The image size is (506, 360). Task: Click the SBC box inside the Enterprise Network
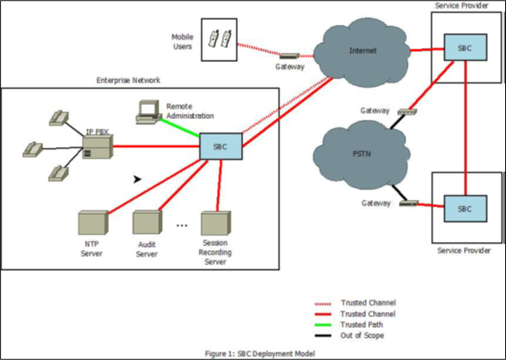coord(220,147)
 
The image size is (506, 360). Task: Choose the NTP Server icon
coord(92,222)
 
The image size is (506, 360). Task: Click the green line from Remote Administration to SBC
coord(182,130)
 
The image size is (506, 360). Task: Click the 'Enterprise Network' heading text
coord(128,80)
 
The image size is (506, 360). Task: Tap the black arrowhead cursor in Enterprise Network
coord(137,178)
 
